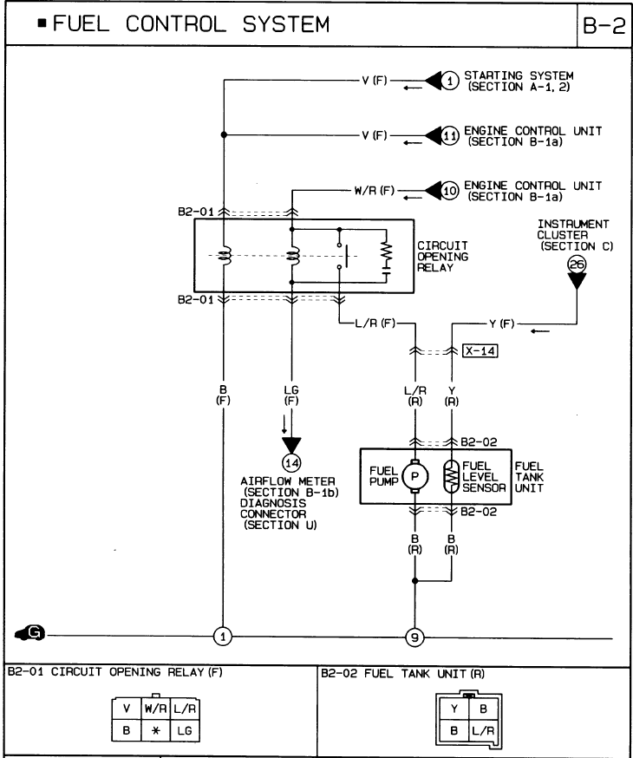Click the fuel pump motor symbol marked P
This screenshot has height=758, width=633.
tap(415, 475)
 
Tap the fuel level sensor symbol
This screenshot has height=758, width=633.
tap(452, 475)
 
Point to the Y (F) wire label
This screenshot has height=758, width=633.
tap(499, 323)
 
